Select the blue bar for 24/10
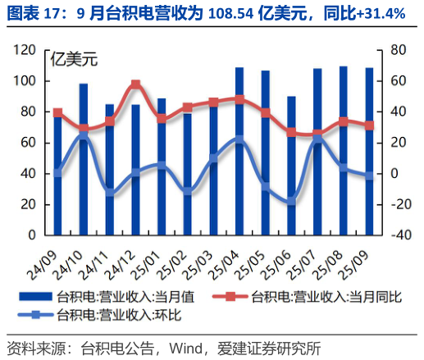tap(84, 159)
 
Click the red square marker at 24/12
tap(135, 84)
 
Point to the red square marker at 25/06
tap(291, 132)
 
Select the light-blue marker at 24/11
tap(110, 193)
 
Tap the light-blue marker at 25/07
tap(317, 139)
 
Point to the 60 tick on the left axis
tap(30, 143)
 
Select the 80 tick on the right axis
tap(398, 50)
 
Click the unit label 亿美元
tap(74, 59)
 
